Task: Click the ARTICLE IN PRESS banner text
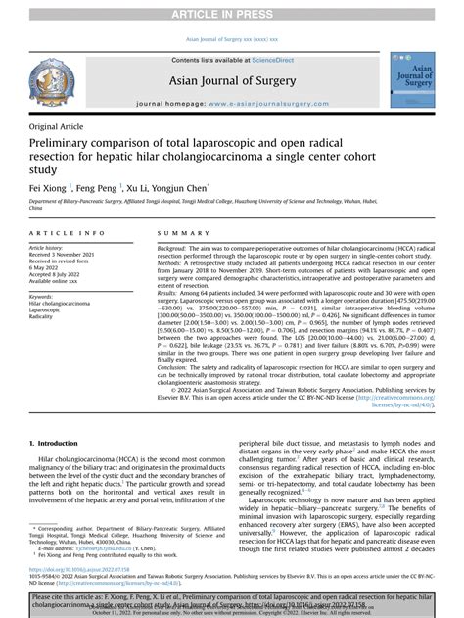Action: click(x=231, y=14)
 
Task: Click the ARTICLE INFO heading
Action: click(x=67, y=232)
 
